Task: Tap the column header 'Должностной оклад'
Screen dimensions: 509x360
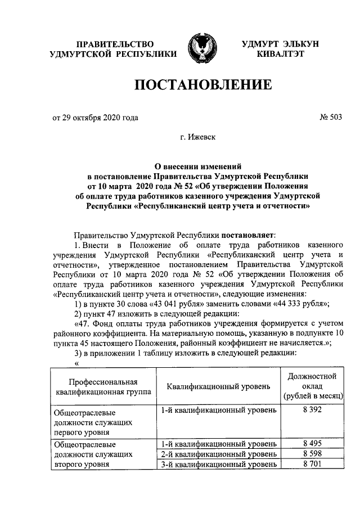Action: [312, 386]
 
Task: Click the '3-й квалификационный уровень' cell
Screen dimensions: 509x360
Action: [218, 464]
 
